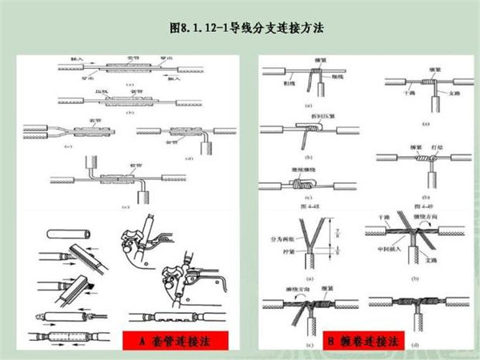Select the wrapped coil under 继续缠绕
pyautogui.click(x=302, y=186)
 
